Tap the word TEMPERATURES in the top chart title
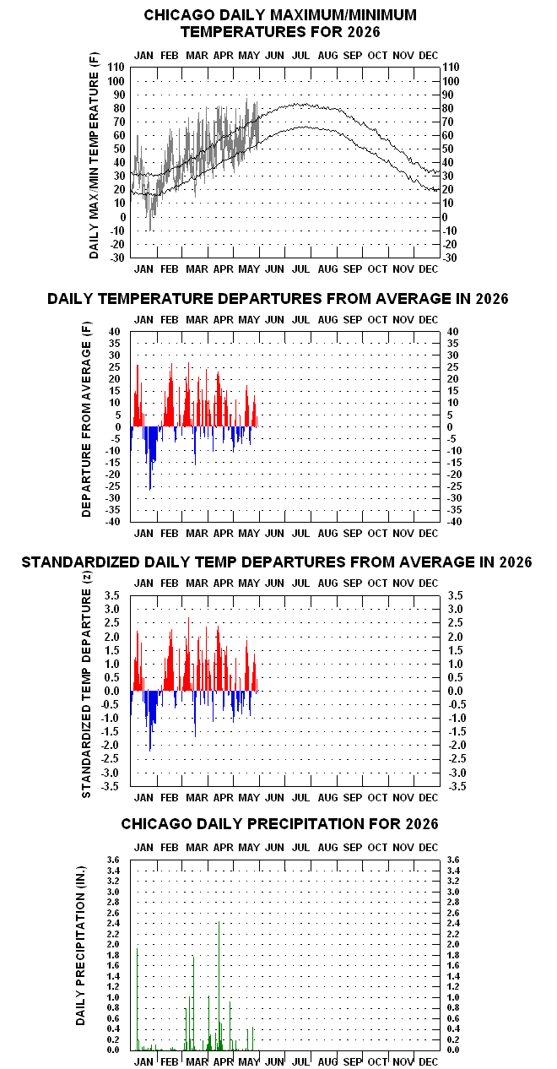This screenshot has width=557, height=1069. tap(237, 32)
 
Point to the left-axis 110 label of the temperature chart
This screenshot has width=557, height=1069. tap(116, 68)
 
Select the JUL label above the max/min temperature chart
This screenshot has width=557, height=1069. tap(300, 56)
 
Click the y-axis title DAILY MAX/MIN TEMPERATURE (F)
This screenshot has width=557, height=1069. tap(94, 155)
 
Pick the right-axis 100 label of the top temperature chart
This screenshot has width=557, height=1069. tap(452, 81)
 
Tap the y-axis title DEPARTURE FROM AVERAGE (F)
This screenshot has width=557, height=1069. tap(86, 420)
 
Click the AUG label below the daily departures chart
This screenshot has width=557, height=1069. tap(327, 534)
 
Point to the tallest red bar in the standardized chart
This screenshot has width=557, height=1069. tap(188, 654)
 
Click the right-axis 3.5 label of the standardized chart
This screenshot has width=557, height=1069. tap(456, 595)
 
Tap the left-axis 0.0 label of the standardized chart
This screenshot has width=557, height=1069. tap(112, 691)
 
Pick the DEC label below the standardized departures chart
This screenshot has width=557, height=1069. tap(428, 797)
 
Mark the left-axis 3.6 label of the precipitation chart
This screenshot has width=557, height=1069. tap(113, 860)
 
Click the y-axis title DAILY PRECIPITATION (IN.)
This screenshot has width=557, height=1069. tap(80, 946)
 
